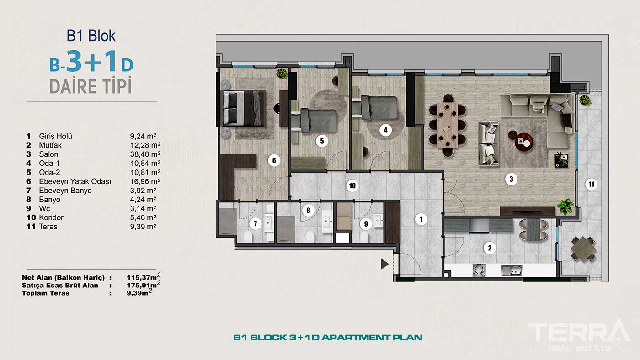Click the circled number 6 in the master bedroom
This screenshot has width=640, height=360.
[273, 160]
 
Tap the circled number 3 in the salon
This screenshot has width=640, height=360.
[512, 179]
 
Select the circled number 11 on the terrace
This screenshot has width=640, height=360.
[591, 185]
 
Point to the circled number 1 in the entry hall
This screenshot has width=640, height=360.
[421, 219]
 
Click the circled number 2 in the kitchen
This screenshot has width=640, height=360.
[490, 248]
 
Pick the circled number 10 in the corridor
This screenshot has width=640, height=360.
[352, 185]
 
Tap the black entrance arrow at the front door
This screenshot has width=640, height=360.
[385, 264]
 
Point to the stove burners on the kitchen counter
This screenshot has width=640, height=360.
[479, 270]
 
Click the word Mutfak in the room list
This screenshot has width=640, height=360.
[50, 145]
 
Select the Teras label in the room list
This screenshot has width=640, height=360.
[48, 227]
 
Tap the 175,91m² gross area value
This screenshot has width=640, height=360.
[143, 285]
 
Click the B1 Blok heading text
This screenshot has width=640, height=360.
[91, 36]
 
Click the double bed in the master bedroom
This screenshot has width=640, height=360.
[243, 108]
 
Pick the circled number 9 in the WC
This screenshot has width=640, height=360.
[366, 224]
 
